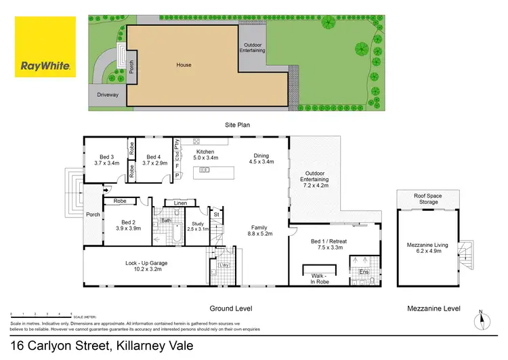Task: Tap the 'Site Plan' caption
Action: (238, 125)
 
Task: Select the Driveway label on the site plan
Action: (108, 95)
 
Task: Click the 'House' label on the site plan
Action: (184, 65)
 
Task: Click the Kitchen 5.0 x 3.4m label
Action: (205, 155)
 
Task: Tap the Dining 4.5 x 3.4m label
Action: (261, 159)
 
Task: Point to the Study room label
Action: (198, 226)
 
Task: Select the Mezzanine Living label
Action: (428, 247)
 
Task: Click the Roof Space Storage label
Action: (428, 199)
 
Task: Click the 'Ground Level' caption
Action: (231, 308)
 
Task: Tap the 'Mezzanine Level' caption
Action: (433, 308)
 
